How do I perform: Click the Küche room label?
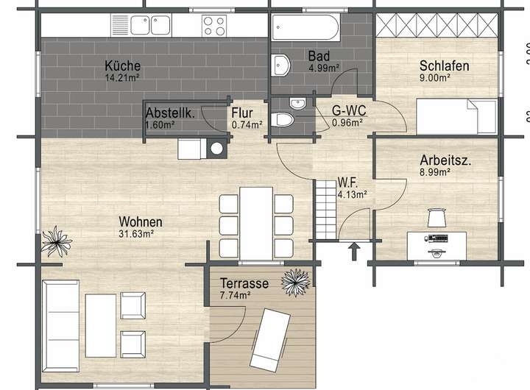tap(122, 65)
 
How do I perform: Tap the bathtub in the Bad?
tap(305, 27)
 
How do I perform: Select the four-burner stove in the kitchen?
tap(214, 26)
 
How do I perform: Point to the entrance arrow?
tap(354, 252)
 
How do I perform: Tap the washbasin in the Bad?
tap(281, 65)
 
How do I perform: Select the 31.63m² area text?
tap(137, 233)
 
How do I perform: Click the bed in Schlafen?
tap(456, 116)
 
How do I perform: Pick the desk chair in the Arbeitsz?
tap(437, 218)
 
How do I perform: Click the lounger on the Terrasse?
tap(270, 340)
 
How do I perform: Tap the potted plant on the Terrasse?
tap(296, 283)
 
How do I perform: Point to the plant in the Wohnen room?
tap(56, 241)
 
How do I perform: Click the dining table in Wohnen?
tap(256, 224)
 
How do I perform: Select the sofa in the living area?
tap(61, 326)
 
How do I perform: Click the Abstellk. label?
tap(170, 113)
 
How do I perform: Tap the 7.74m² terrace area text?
tap(236, 295)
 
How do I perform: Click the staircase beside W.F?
tap(327, 209)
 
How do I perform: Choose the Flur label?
tap(242, 113)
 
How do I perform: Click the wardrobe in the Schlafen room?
tap(437, 25)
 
